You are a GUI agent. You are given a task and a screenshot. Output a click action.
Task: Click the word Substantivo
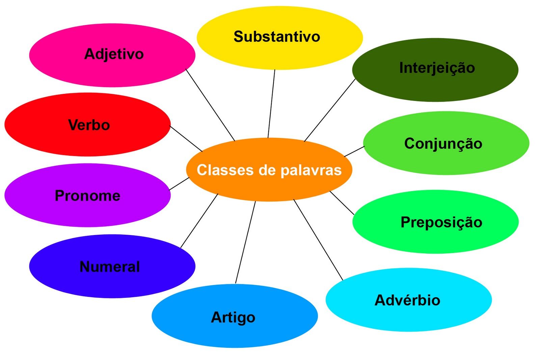click(x=277, y=36)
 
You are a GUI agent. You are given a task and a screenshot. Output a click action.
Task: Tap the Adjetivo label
click(x=114, y=54)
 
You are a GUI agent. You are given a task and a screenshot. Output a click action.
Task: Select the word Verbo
click(x=89, y=125)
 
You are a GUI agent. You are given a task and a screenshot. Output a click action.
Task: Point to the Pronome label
click(x=87, y=196)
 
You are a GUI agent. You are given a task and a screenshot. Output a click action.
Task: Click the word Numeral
click(x=110, y=266)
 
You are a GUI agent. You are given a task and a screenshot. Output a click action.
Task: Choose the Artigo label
click(x=233, y=317)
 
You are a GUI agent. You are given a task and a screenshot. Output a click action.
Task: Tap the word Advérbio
click(x=407, y=300)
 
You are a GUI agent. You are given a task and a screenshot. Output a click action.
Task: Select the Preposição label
click(x=441, y=222)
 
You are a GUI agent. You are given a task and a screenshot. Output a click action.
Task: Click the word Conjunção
click(x=443, y=144)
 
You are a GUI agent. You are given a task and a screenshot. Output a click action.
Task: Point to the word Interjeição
click(x=437, y=68)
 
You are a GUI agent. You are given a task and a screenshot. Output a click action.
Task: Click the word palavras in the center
click(x=311, y=170)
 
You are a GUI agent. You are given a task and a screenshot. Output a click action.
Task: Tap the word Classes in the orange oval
click(x=225, y=170)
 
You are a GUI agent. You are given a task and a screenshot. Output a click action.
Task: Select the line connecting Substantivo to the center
click(x=271, y=104)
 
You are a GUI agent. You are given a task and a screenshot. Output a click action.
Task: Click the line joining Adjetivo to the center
click(x=210, y=105)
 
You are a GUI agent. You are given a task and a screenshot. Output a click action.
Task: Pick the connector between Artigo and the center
click(x=245, y=242)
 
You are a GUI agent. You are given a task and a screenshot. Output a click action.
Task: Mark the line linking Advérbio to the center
click(x=318, y=240)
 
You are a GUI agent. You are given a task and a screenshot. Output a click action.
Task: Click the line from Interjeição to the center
click(x=330, y=110)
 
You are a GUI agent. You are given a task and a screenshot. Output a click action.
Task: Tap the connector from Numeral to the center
click(x=199, y=221)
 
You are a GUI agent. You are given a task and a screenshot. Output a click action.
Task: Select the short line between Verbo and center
click(x=186, y=139)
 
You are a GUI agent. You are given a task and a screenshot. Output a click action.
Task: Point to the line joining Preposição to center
click(x=342, y=203)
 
